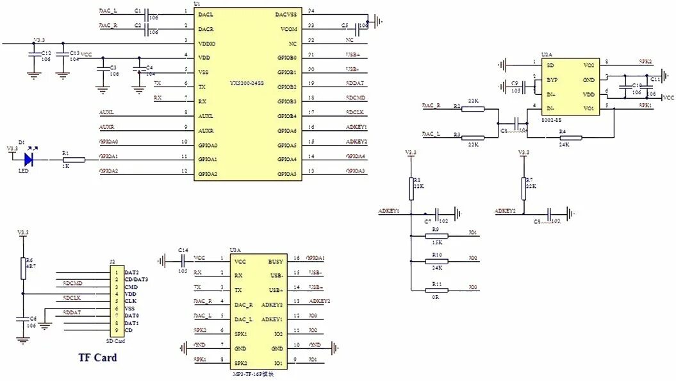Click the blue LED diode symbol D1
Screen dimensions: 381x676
click(29, 160)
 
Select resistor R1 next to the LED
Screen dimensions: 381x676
click(73, 160)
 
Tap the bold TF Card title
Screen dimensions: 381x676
click(97, 357)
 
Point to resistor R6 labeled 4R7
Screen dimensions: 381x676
click(22, 269)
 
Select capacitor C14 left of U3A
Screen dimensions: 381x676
click(183, 260)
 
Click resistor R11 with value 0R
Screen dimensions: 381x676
click(436, 290)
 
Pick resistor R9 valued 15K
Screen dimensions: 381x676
click(436, 235)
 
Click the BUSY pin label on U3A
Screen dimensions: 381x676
click(276, 262)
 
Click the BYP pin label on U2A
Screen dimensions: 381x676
click(550, 80)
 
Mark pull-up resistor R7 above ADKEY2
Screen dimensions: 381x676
click(523, 189)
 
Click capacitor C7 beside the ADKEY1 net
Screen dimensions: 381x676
click(437, 213)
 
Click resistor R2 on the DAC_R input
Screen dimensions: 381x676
click(473, 108)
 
